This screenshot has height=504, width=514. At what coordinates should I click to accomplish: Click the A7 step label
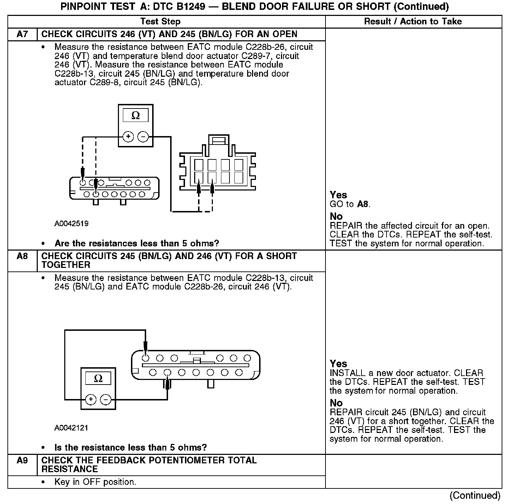click(22, 34)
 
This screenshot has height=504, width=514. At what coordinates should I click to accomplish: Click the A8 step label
click(22, 256)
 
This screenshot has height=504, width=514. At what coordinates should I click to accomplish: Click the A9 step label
click(22, 460)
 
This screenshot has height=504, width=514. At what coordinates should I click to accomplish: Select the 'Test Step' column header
click(160, 22)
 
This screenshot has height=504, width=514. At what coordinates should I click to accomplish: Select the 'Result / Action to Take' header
click(413, 22)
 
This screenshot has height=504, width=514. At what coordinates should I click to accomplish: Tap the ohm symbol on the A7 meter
click(136, 116)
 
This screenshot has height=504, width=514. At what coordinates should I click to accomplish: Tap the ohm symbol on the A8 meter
click(98, 379)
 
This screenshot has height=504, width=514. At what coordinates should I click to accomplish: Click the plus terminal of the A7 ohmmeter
click(128, 136)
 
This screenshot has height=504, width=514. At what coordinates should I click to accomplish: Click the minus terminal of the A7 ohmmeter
click(143, 136)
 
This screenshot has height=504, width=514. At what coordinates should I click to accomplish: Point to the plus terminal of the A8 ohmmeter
click(91, 399)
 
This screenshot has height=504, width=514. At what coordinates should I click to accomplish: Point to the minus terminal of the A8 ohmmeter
click(106, 399)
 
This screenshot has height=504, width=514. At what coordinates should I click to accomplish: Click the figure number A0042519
click(71, 224)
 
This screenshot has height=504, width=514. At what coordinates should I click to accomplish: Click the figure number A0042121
click(71, 428)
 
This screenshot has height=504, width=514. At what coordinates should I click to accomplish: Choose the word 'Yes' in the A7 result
click(338, 195)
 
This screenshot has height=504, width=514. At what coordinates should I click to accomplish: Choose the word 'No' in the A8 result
click(336, 403)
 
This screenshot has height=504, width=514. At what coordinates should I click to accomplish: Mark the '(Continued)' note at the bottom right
click(475, 496)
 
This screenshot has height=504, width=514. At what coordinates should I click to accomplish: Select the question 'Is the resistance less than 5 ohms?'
click(131, 447)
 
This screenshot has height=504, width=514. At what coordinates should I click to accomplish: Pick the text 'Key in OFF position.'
click(95, 482)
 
